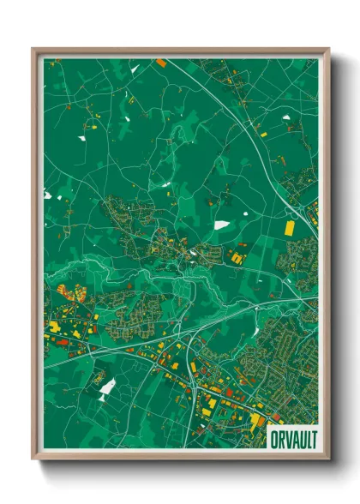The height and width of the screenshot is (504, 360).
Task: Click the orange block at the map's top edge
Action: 161,62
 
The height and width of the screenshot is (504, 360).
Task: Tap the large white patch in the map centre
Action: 221,225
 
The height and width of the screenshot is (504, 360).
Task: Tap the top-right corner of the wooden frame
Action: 327,50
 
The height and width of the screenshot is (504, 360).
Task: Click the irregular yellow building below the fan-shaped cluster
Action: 54,327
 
